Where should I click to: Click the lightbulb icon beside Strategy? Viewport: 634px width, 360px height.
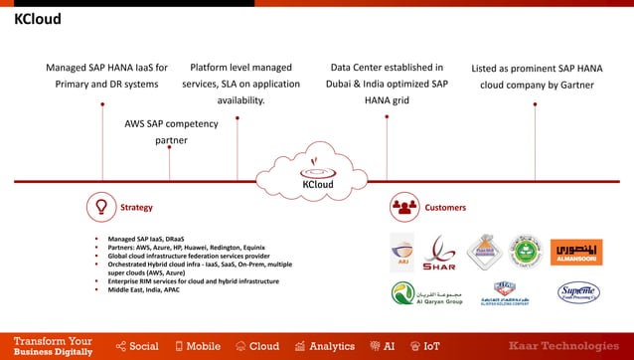tap(100, 208)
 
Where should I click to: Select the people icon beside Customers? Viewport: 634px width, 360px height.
tap(403, 208)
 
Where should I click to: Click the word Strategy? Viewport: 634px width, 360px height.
tap(136, 208)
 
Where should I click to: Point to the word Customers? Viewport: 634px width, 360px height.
tap(444, 208)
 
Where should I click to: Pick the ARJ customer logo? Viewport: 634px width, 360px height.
tap(401, 253)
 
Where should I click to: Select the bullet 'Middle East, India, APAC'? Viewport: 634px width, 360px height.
tap(152, 291)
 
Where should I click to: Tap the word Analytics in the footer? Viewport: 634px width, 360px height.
tap(331, 346)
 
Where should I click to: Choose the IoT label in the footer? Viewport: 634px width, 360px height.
tap(431, 346)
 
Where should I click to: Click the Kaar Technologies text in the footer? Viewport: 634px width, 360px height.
tap(569, 346)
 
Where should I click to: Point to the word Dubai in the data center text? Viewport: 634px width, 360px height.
tap(343, 86)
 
